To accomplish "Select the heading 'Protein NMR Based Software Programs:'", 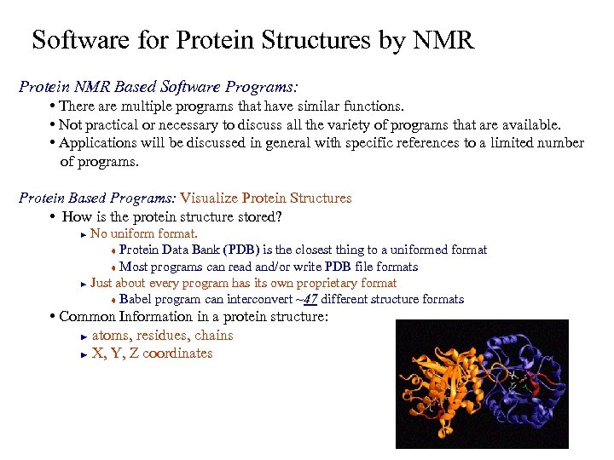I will coord(158,87).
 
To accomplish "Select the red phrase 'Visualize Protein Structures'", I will coord(265,198).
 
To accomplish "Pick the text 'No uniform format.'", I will coord(144,233).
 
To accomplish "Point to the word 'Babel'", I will coord(137,299).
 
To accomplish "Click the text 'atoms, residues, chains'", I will coord(162,336).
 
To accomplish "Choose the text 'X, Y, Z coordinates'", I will coord(152,354).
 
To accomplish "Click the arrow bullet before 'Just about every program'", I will coord(83,284).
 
